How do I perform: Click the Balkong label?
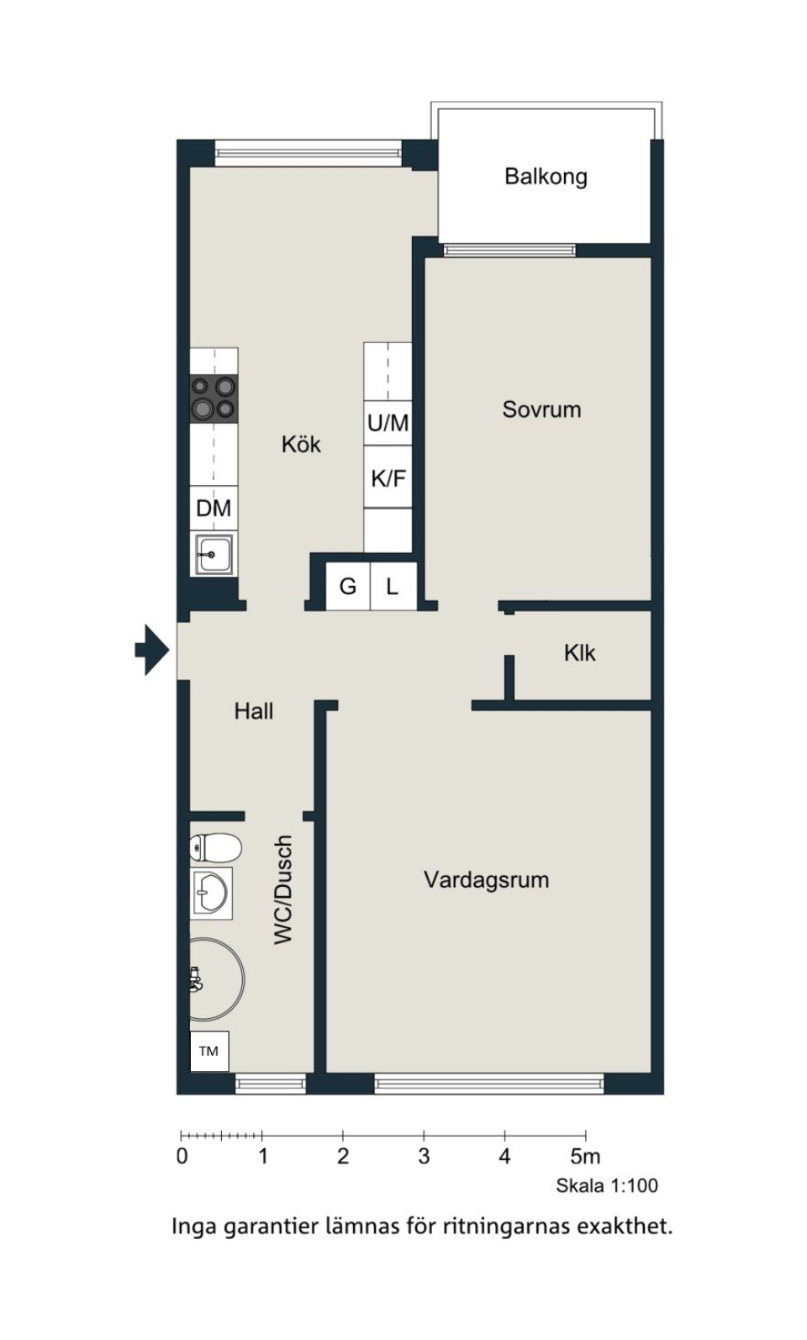(546, 177)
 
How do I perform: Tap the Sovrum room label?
(541, 409)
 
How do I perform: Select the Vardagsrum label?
(487, 880)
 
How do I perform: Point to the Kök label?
(301, 445)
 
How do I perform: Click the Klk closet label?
(580, 652)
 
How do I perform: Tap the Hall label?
(254, 710)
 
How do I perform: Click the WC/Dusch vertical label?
(283, 890)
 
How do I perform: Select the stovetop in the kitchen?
(214, 398)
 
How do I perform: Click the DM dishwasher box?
(214, 508)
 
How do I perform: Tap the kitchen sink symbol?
(214, 555)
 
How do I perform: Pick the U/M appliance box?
(388, 423)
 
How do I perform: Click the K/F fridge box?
(388, 478)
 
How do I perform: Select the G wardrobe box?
(347, 586)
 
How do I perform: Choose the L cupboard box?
(393, 586)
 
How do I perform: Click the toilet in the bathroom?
(215, 847)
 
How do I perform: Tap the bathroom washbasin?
(211, 893)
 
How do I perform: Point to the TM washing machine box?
(208, 1051)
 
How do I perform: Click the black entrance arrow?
(152, 650)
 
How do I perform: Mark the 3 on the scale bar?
(424, 1157)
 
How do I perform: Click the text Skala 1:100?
(607, 1185)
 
